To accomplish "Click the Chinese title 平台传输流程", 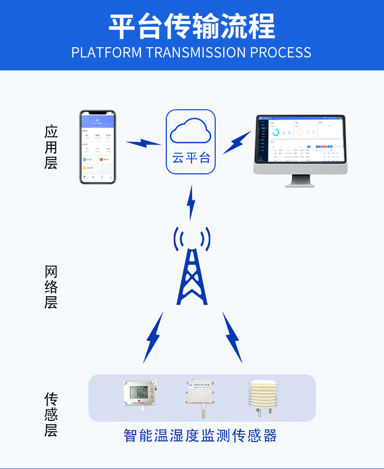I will click(x=192, y=26).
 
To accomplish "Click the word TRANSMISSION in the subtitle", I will click(x=196, y=52).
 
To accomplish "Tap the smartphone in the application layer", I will click(x=98, y=147).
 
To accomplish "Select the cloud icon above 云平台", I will click(x=191, y=132).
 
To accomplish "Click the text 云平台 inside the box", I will click(x=191, y=158).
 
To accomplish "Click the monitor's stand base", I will click(x=299, y=184).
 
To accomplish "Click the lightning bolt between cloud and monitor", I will click(x=237, y=143).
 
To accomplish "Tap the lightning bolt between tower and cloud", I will click(x=192, y=203).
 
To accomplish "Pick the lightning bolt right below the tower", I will click(x=232, y=338).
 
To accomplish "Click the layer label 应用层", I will click(x=51, y=147).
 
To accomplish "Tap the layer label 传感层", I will click(x=51, y=415).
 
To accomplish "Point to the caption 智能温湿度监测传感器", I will click(x=200, y=435).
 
